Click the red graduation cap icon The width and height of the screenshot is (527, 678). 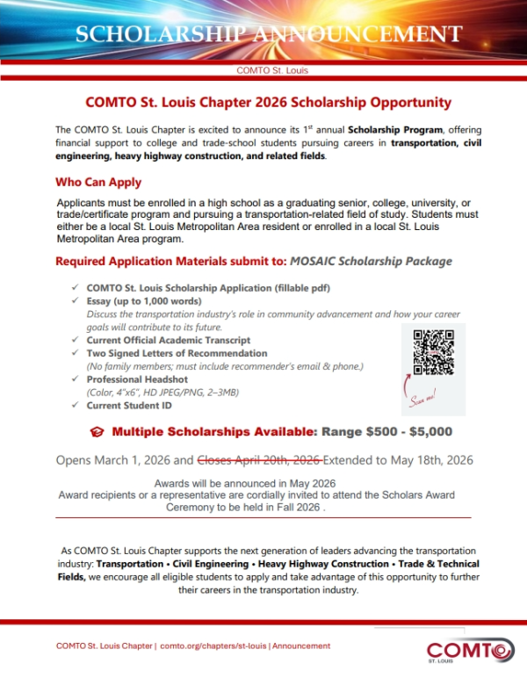coord(97,432)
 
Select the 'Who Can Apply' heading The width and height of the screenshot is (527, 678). coord(98,183)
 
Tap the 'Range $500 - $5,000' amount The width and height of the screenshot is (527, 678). coord(386,431)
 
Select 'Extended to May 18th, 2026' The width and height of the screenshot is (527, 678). coord(401,459)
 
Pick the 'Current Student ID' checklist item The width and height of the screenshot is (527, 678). coord(129,406)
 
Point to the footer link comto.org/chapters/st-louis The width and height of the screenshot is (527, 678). coord(213,646)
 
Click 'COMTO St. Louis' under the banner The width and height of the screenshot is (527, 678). coord(272,70)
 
